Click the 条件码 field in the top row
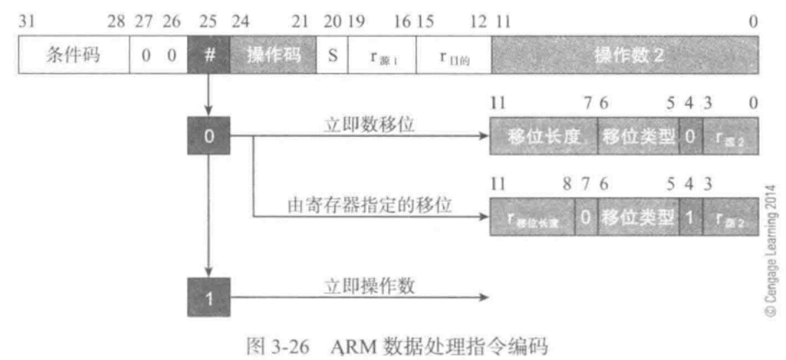74,56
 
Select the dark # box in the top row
208,56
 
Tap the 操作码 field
273,56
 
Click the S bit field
332,56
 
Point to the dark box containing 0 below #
208,136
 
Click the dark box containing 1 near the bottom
208,298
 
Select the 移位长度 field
543,136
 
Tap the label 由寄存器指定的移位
370,206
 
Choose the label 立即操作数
359,286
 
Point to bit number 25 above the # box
208,22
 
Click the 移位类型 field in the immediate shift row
638,136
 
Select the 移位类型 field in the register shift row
638,217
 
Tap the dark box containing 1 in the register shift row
690,217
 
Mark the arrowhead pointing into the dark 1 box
208,273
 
